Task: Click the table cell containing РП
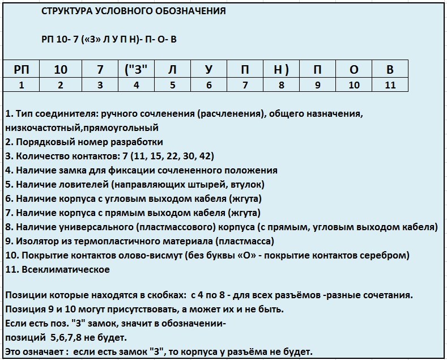coord(22,70)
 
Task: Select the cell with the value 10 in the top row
coord(61,70)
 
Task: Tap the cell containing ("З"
coord(136,70)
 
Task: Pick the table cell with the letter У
coord(208,70)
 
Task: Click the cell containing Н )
coord(281,70)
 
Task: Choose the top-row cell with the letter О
coord(354,70)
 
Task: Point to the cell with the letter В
coord(390,70)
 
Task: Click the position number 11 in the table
coord(390,85)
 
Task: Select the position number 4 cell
coord(136,85)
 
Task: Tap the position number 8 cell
coord(281,85)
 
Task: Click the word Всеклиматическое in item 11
coord(66,270)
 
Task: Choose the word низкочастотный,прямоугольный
coord(82,128)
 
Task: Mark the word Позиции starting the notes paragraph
coord(25,295)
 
